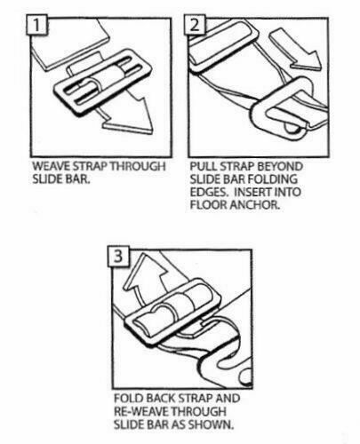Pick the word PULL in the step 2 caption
pos(201,164)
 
